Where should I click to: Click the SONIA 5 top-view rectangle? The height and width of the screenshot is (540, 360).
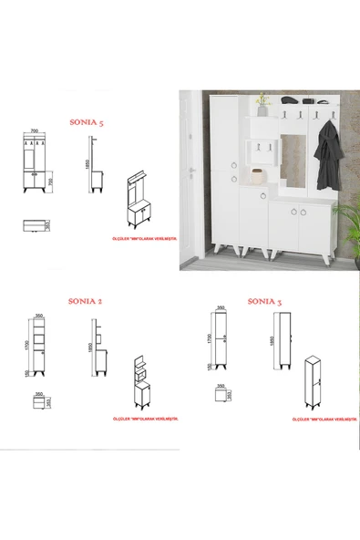[34, 224]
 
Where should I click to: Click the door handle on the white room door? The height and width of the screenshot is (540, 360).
[192, 171]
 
